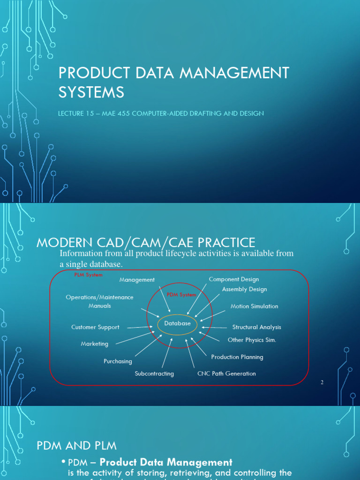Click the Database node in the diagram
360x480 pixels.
177,323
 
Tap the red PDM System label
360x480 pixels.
181,295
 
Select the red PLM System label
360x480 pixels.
88,275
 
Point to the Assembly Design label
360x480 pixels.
244,289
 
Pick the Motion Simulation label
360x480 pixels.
254,306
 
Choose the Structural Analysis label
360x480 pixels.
256,327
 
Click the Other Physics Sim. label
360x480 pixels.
252,340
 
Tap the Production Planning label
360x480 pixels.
237,357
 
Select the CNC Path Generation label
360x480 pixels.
226,374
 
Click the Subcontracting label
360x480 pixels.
154,374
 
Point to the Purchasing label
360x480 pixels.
118,361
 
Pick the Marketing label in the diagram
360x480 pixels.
94,344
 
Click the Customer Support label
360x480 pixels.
95,327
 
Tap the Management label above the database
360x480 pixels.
137,280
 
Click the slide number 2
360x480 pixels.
322,382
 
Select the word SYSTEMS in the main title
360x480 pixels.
91,92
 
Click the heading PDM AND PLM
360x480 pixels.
77,445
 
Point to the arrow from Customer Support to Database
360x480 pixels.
140,327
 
